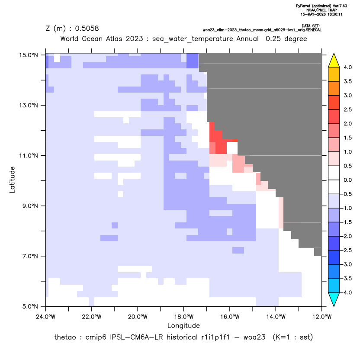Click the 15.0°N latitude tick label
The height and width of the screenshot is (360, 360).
point(29,55)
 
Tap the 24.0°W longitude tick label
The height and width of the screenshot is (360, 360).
point(46,317)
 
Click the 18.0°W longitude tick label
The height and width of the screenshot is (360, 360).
point(183,317)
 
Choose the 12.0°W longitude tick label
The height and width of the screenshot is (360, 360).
point(322,317)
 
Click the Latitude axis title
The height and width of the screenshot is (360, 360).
point(12,180)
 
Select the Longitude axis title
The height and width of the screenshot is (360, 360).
point(183,325)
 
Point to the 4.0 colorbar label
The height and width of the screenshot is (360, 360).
point(347,67)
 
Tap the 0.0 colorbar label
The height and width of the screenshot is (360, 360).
point(347,180)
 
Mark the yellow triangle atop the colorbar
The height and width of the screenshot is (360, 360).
point(334,61)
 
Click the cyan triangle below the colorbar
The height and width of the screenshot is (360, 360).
point(334,299)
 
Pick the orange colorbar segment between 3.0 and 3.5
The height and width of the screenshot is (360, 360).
point(334,88)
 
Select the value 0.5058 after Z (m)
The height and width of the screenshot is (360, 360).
point(87,29)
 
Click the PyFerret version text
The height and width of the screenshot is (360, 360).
point(321,6)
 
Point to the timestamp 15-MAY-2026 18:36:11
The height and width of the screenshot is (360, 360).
point(321,14)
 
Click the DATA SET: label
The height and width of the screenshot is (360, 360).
point(311,26)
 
